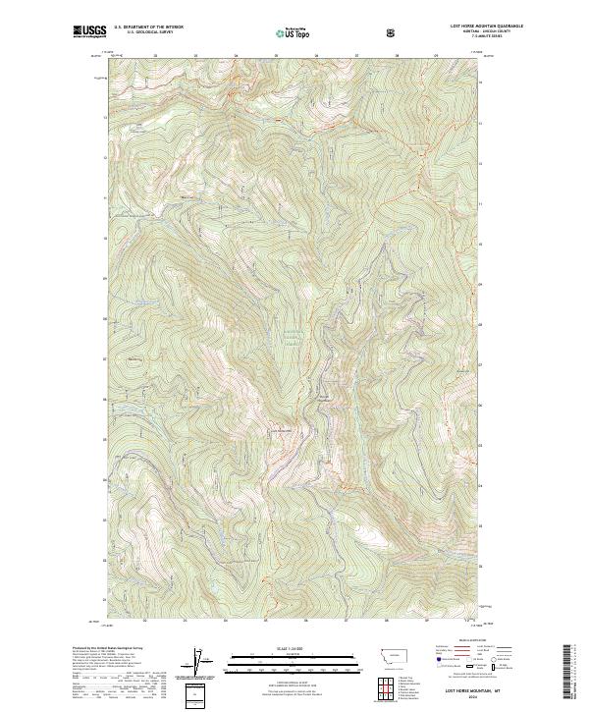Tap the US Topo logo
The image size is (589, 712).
pyautogui.click(x=292, y=32)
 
